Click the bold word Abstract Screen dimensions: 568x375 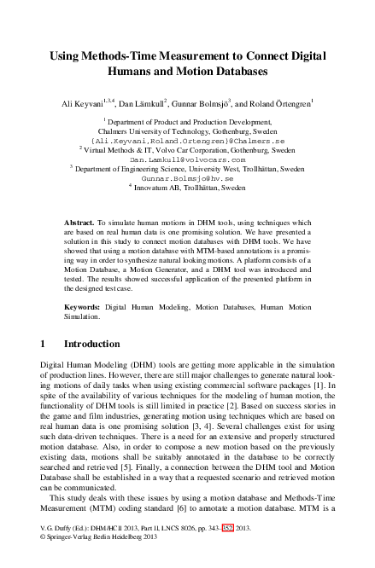pyautogui.click(x=80, y=221)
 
